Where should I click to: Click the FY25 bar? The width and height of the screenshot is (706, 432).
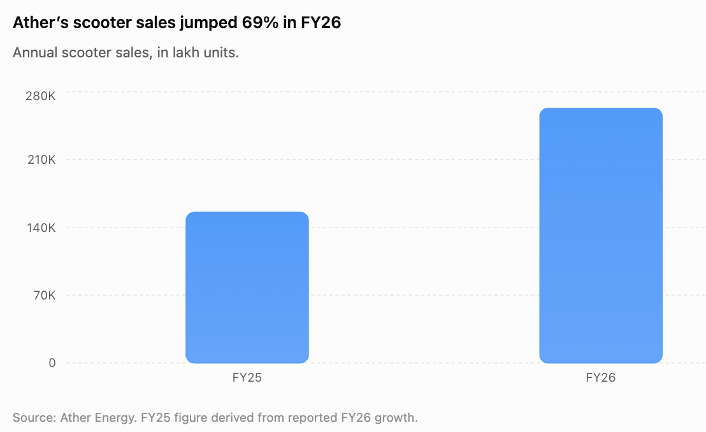point(247,287)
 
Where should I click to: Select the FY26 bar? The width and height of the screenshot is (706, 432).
point(601,236)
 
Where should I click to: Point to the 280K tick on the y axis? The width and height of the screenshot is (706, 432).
point(41,96)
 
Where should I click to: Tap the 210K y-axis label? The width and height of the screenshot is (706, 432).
point(41,159)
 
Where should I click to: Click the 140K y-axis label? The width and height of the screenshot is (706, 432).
point(41,227)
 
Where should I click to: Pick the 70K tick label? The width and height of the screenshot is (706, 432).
point(45,296)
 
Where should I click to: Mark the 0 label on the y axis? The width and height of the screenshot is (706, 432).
point(52,363)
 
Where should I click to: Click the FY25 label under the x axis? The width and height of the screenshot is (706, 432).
point(247,377)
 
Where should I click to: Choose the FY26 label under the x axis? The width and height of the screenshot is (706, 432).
point(601,377)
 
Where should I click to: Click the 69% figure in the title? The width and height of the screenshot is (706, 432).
point(260,22)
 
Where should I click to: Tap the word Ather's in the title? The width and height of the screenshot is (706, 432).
point(41,22)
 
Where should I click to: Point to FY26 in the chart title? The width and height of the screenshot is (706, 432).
point(321,22)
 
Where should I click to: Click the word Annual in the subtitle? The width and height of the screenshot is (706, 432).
point(35,53)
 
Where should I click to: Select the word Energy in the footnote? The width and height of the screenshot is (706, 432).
point(116,418)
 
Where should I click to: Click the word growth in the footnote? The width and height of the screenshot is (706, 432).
point(396,418)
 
